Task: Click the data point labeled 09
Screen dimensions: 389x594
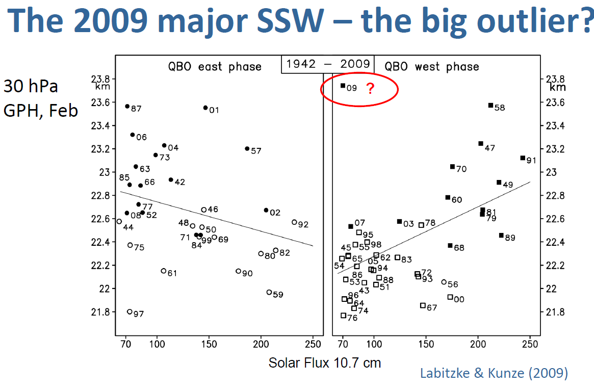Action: pyautogui.click(x=343, y=86)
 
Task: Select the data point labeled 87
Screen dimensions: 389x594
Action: pyautogui.click(x=127, y=106)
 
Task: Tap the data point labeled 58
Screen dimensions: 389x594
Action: pyautogui.click(x=490, y=105)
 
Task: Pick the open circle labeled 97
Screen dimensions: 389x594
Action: pyautogui.click(x=130, y=312)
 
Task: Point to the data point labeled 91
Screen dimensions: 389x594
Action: pyautogui.click(x=522, y=158)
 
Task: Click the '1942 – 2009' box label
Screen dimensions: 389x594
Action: pyautogui.click(x=328, y=64)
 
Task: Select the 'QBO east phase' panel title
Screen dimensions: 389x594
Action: pyautogui.click(x=215, y=67)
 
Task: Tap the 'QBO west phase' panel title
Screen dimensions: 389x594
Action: pyautogui.click(x=431, y=67)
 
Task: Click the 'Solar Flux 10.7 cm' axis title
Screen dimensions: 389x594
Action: pyautogui.click(x=325, y=363)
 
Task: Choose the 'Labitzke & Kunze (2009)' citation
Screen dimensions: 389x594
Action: pyautogui.click(x=494, y=373)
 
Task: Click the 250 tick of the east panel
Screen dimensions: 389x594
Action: pyautogui.click(x=313, y=345)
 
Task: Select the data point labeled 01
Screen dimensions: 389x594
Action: pyautogui.click(x=205, y=108)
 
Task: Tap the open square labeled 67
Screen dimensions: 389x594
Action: pyautogui.click(x=423, y=305)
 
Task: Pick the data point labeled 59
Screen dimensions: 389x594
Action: pyautogui.click(x=269, y=292)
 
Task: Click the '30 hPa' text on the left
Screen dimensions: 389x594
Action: pyautogui.click(x=31, y=87)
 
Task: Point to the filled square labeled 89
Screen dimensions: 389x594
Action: pyautogui.click(x=501, y=235)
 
